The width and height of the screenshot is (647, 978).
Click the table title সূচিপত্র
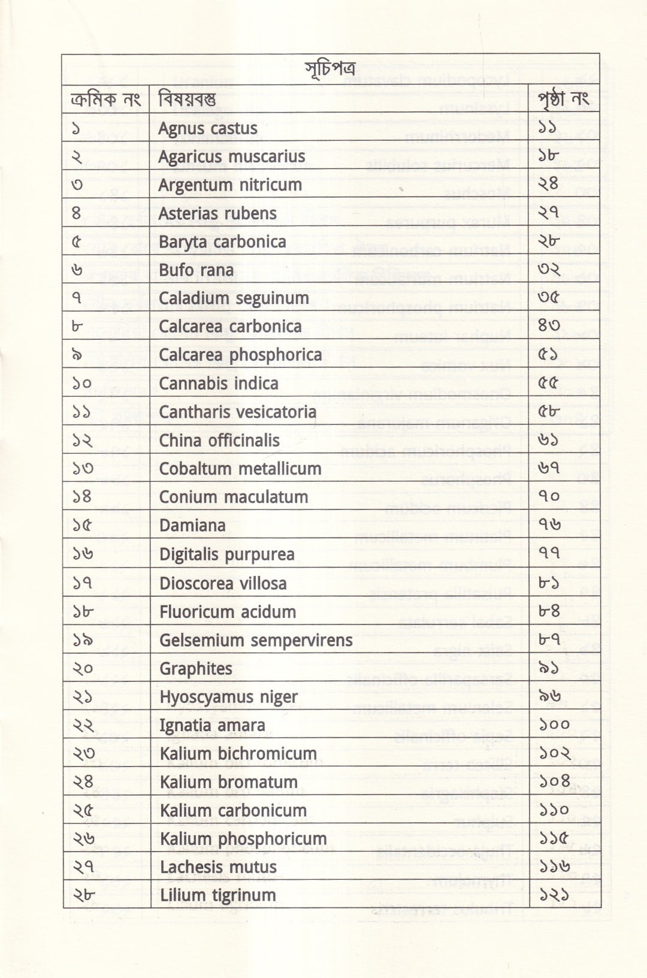pyautogui.click(x=329, y=69)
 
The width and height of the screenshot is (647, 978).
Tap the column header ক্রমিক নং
pyautogui.click(x=105, y=99)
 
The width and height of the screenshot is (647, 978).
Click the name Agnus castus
pyautogui.click(x=207, y=128)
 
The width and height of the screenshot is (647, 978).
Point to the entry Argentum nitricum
pyautogui.click(x=230, y=185)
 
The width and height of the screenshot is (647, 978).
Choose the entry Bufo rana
pyautogui.click(x=196, y=270)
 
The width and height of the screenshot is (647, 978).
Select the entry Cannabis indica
pyautogui.click(x=219, y=384)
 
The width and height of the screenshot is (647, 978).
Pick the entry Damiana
pyautogui.click(x=192, y=526)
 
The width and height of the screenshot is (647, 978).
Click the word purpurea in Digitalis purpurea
pyautogui.click(x=259, y=555)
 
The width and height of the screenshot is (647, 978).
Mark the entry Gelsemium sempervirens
pyautogui.click(x=256, y=640)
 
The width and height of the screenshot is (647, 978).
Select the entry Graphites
pyautogui.click(x=196, y=669)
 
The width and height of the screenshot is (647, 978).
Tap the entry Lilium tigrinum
pyautogui.click(x=218, y=895)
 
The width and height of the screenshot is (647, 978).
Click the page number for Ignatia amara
pyautogui.click(x=554, y=725)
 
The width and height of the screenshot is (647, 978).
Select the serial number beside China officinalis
pyautogui.click(x=83, y=440)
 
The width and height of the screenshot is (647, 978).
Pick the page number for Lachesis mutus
pyautogui.click(x=554, y=867)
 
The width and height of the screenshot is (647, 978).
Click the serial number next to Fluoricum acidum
pyautogui.click(x=83, y=612)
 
